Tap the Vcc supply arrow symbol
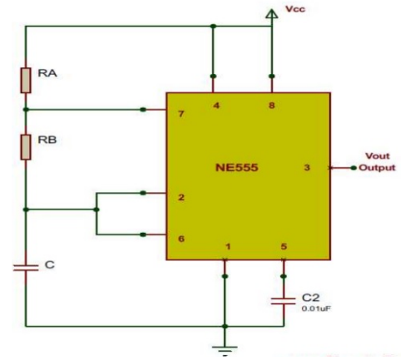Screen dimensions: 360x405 click(271, 14)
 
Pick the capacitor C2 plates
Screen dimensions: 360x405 click(284, 298)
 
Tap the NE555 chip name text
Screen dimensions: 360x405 click(239, 167)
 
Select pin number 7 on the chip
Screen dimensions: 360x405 click(180, 111)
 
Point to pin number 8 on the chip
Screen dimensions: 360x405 click(270, 106)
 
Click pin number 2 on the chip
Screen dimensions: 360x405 click(180, 198)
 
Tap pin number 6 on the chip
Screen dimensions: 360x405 click(180, 239)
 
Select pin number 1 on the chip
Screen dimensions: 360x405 click(227, 247)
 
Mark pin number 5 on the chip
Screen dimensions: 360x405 click(283, 247)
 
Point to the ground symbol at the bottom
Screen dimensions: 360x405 click(224, 343)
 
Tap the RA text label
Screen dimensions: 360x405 click(47, 74)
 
